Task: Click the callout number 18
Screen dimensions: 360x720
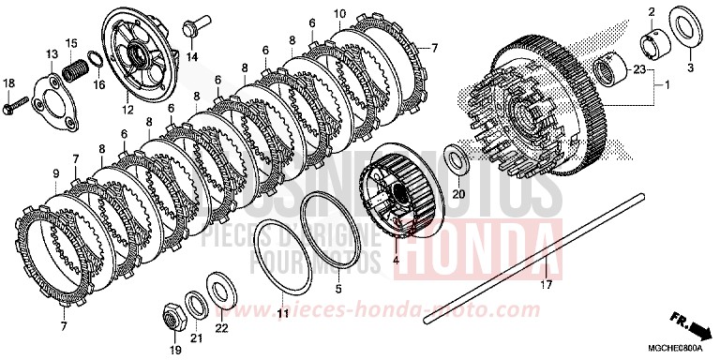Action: [x=9, y=83]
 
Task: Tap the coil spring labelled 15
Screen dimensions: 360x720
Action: [x=75, y=68]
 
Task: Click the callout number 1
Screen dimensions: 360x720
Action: [x=667, y=85]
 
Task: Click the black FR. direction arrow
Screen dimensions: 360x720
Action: [x=696, y=327]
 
